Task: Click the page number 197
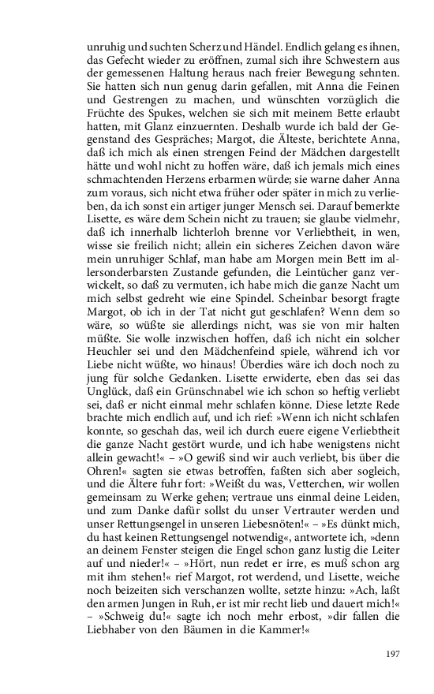pos(393,653)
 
